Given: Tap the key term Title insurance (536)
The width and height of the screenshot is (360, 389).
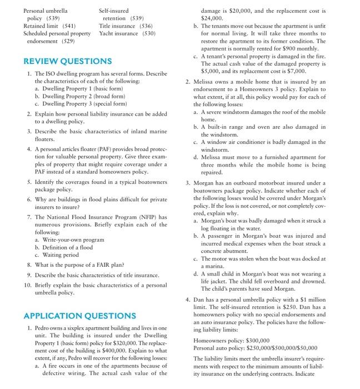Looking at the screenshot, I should [x=127, y=26].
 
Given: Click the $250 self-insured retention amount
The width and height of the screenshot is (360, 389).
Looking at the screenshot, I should [x=298, y=308].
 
